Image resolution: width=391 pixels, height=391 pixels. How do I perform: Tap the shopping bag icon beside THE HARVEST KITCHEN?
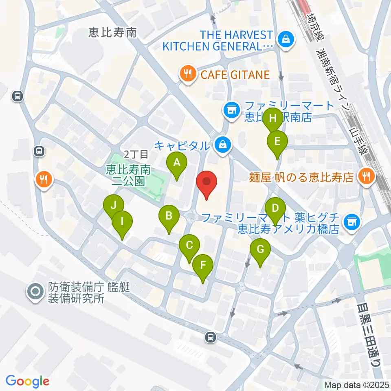click(x=286, y=40)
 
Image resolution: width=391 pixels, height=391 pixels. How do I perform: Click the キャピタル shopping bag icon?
click(x=223, y=144)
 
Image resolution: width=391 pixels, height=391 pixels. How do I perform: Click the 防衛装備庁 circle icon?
click(x=35, y=292)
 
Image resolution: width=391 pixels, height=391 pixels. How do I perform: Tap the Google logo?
click(x=27, y=381)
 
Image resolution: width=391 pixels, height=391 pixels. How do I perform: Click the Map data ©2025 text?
click(x=357, y=384)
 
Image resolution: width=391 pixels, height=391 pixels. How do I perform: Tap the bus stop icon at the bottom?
click(x=210, y=337)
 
